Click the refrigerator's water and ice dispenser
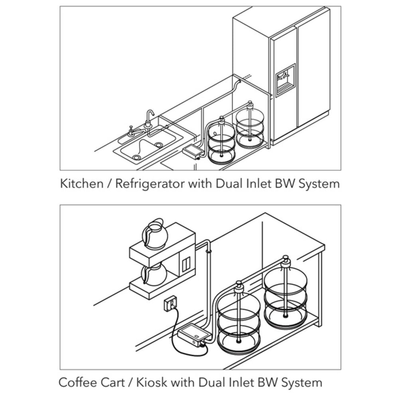(x=285, y=80)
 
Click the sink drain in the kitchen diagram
(x=137, y=158)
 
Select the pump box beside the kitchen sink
(x=192, y=152)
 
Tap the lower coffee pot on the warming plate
(x=154, y=275)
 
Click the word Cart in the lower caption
(x=112, y=382)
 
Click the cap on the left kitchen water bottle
(x=222, y=119)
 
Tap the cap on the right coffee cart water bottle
(x=286, y=261)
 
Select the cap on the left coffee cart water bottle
(x=239, y=286)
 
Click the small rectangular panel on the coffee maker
(x=186, y=265)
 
